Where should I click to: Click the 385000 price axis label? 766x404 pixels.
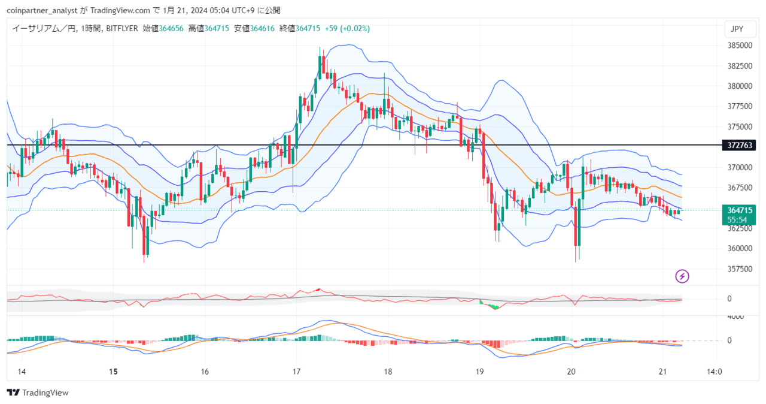(740, 45)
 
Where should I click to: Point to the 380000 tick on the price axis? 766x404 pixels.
(740, 86)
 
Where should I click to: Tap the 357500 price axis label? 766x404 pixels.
(740, 269)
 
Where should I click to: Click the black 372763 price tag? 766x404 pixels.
(739, 145)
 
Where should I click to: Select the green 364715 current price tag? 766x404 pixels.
(739, 210)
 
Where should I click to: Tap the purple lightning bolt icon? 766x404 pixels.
(682, 276)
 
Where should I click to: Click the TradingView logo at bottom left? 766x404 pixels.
(38, 393)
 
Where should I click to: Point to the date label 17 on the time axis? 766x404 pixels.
(296, 372)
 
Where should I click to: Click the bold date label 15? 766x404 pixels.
(113, 372)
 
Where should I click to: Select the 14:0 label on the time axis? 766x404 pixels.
(715, 372)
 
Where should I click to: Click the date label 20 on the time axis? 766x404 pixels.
(571, 372)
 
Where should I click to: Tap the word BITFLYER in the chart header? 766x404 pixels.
(121, 28)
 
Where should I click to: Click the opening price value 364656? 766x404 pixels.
(171, 28)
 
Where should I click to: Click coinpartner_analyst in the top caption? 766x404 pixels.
(42, 11)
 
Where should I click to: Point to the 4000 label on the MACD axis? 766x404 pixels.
(735, 316)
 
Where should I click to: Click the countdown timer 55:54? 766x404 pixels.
(737, 220)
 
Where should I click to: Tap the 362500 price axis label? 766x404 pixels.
(740, 228)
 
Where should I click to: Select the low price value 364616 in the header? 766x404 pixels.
(262, 28)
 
